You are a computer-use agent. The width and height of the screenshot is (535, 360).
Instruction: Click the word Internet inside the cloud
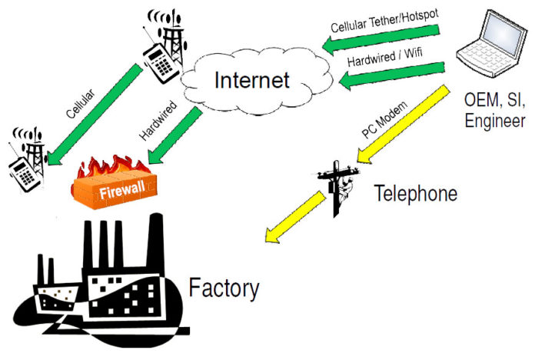pos(251,79)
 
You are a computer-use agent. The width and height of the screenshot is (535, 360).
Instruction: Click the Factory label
pos(224,288)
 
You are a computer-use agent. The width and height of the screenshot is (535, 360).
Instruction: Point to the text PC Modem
pos(384,118)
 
